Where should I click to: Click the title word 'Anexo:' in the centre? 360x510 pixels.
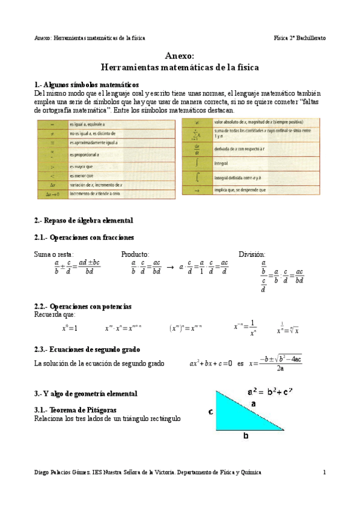[x=180, y=56]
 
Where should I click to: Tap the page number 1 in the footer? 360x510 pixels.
[x=325, y=472]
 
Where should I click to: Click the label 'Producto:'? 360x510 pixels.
[x=135, y=254]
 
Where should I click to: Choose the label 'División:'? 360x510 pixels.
[x=252, y=254]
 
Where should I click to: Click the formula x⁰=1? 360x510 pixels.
[x=70, y=328]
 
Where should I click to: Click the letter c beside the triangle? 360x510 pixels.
[x=211, y=412]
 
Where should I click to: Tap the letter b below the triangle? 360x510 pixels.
[x=245, y=437]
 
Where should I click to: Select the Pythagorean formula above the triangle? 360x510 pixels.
[x=270, y=392]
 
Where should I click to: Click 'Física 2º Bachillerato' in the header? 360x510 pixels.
[x=299, y=37]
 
